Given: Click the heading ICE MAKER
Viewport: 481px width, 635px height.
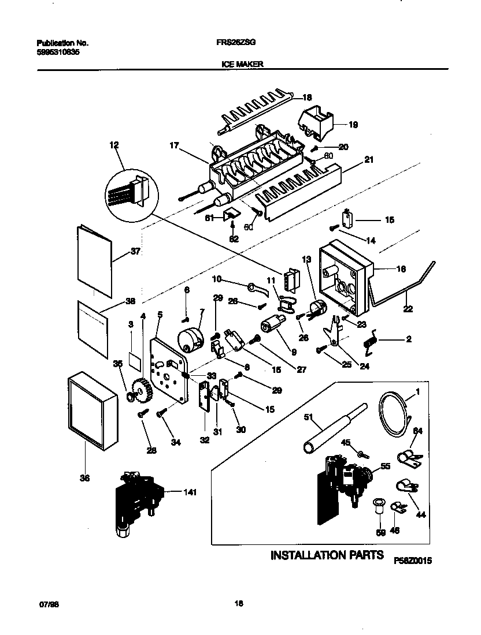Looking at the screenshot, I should [x=242, y=65].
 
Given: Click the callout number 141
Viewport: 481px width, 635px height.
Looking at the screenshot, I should [x=190, y=492].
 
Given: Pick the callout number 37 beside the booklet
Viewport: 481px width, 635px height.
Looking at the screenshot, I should [x=136, y=252].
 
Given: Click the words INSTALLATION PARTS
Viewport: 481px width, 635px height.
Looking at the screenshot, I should [x=327, y=555].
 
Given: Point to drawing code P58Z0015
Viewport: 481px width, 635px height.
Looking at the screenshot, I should [x=413, y=561].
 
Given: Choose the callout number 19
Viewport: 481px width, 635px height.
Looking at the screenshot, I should [x=353, y=124].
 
